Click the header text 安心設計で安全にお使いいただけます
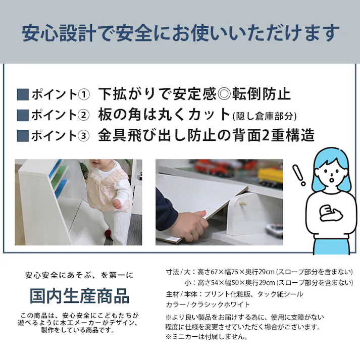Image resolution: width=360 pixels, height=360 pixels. pyautogui.click(x=180, y=33)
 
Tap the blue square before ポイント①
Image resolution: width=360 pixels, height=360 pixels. pyautogui.click(x=22, y=94)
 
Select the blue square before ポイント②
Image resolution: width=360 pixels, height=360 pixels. pyautogui.click(x=22, y=115)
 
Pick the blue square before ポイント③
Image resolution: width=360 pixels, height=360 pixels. pyautogui.click(x=22, y=136)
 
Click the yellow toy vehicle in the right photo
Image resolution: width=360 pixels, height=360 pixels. pyautogui.click(x=271, y=175)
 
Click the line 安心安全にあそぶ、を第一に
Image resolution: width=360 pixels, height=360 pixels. pyautogui.click(x=79, y=275)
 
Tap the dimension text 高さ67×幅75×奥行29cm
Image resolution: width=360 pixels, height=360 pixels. pyautogui.click(x=228, y=272)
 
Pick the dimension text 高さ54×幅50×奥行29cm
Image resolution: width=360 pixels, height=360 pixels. pyautogui.click(x=228, y=282)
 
